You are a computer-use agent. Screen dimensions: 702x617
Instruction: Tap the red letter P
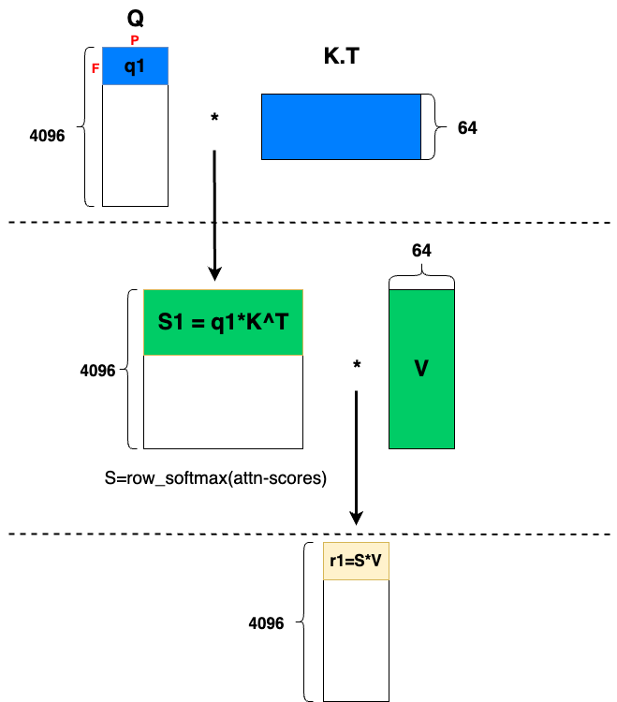tap(134, 40)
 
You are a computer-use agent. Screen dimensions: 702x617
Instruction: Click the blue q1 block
tap(135, 66)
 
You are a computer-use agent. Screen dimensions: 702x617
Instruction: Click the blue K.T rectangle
tap(341, 126)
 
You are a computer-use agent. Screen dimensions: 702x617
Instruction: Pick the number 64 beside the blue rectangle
tap(467, 127)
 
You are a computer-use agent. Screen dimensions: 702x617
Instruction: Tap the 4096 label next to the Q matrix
tap(48, 135)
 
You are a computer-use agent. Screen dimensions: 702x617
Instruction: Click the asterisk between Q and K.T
tap(214, 119)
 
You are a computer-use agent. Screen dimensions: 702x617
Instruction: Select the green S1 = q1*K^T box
tap(223, 323)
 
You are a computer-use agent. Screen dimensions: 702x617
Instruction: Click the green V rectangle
tap(420, 369)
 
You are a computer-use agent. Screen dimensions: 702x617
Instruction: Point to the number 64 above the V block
tap(421, 250)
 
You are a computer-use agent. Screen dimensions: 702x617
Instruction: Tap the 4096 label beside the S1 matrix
tap(98, 371)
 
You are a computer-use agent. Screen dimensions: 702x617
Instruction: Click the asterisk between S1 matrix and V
tap(357, 365)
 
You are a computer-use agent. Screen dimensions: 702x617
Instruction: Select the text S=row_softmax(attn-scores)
tap(215, 478)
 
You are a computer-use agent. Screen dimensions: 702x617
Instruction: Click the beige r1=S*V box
tap(356, 562)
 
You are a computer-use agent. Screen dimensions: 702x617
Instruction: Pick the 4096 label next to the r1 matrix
tap(266, 622)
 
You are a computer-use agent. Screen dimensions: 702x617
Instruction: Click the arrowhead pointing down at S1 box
tap(214, 272)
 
